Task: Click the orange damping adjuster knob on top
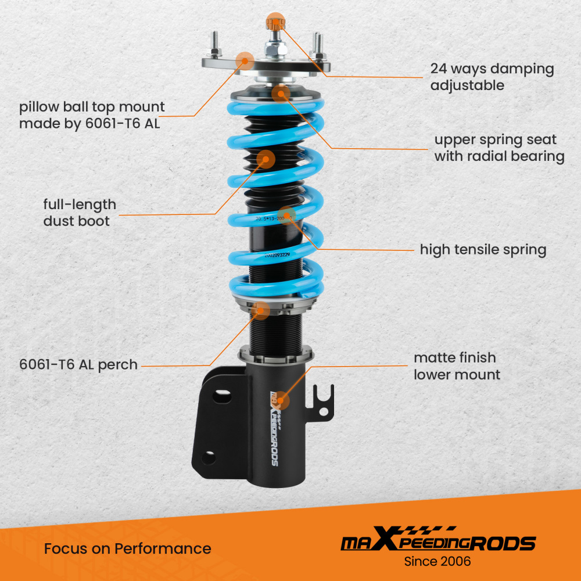[x=274, y=23]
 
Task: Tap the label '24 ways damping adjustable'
[x=492, y=77]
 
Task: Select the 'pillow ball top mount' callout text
[x=92, y=115]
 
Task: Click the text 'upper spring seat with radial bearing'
[x=499, y=148]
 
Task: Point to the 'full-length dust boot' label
[x=80, y=213]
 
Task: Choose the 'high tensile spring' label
[x=483, y=250]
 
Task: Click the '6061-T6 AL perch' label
[x=78, y=365]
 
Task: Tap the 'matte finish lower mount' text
[x=457, y=366]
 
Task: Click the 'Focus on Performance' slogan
[x=127, y=548]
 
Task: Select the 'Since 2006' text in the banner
[x=437, y=562]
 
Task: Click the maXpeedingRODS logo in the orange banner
[x=437, y=542]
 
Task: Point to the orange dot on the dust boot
[x=266, y=159]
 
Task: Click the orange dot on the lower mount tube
[x=281, y=399]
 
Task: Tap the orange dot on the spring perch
[x=263, y=310]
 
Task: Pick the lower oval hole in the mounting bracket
[x=209, y=457]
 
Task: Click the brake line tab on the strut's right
[x=322, y=401]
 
